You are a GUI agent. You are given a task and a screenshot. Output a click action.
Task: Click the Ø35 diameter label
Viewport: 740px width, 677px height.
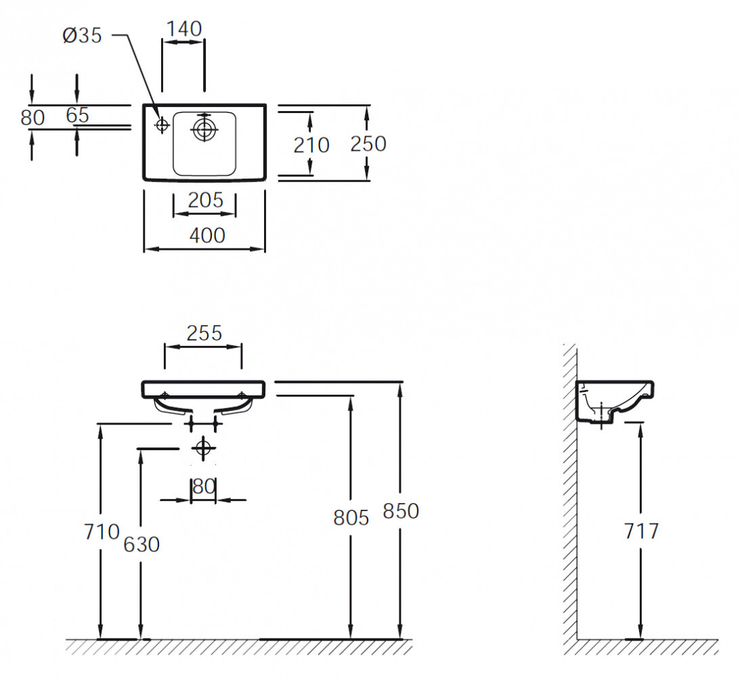[82, 35]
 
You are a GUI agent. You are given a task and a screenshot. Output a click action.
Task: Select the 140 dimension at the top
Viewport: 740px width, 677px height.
[184, 28]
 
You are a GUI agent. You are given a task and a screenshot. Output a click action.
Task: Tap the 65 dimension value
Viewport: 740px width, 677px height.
[78, 115]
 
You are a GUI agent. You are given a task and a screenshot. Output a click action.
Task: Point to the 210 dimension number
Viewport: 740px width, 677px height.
[311, 145]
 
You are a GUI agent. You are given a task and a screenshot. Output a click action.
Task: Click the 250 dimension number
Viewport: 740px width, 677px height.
[368, 144]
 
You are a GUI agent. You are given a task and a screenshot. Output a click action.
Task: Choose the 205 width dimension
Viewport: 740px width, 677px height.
[205, 200]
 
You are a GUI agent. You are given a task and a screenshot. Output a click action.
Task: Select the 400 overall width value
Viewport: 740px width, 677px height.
[206, 235]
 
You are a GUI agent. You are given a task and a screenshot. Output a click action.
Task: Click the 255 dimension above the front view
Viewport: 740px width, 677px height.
[204, 332]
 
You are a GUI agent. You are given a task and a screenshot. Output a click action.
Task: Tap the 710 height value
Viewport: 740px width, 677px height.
[101, 532]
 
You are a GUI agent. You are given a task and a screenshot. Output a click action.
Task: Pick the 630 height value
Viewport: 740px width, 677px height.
[142, 544]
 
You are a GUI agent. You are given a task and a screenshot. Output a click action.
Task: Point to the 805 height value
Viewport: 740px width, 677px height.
[351, 518]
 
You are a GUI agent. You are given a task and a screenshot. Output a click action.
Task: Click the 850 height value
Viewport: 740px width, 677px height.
[401, 510]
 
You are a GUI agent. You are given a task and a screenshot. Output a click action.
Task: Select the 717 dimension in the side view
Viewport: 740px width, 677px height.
[640, 531]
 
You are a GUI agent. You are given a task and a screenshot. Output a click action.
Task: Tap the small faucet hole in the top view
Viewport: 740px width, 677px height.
[162, 125]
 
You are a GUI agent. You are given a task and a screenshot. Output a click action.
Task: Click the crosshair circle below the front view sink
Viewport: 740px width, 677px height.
[202, 447]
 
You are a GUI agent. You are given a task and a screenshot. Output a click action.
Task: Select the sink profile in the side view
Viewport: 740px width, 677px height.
[613, 402]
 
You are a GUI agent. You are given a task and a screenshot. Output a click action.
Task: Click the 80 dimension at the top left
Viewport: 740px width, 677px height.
[32, 117]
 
